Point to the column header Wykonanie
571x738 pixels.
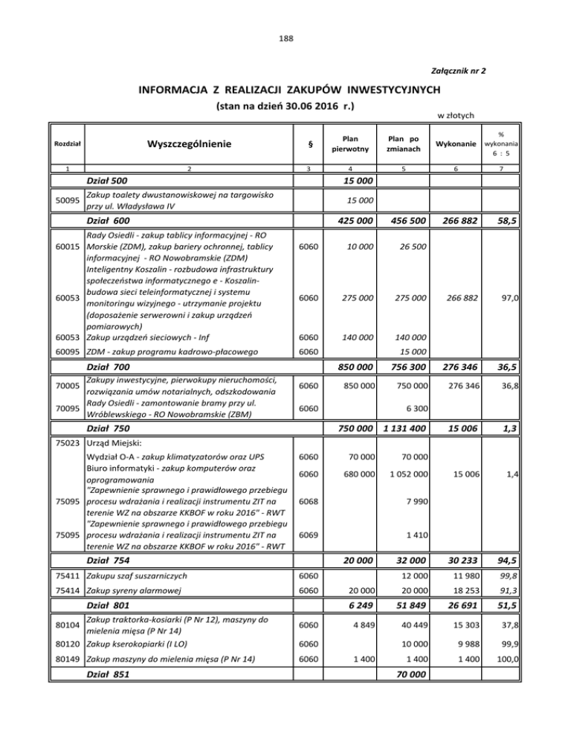pyautogui.click(x=453, y=143)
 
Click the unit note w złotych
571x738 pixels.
pyautogui.click(x=457, y=114)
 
